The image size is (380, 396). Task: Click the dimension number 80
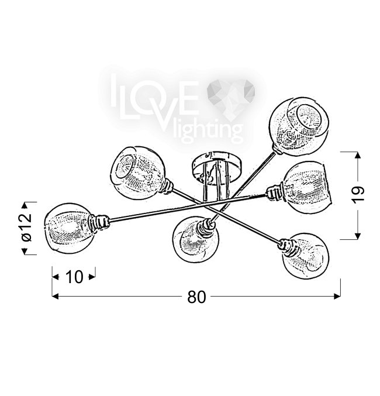[196, 297]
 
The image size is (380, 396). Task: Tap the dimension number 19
[358, 194]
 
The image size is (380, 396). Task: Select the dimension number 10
[74, 277]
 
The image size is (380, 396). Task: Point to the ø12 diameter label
[26, 228]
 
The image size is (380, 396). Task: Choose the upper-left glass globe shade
[138, 173]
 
